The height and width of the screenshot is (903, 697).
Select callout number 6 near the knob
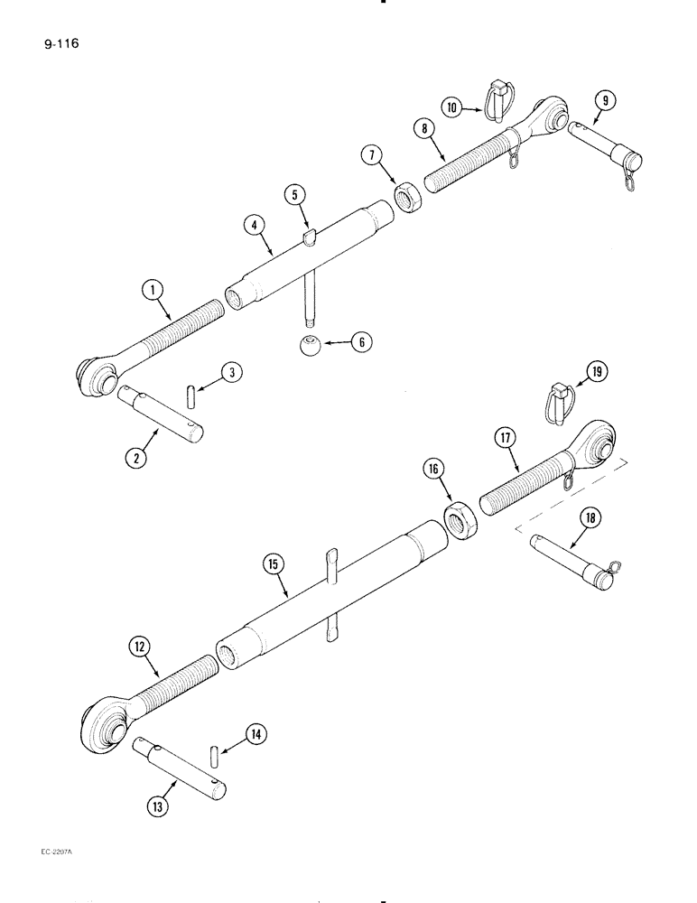pyautogui.click(x=359, y=343)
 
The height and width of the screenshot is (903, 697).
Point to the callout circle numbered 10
pyautogui.click(x=454, y=107)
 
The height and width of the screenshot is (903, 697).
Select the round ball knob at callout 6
pyautogui.click(x=309, y=345)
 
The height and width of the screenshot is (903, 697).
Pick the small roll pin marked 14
pyautogui.click(x=214, y=752)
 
